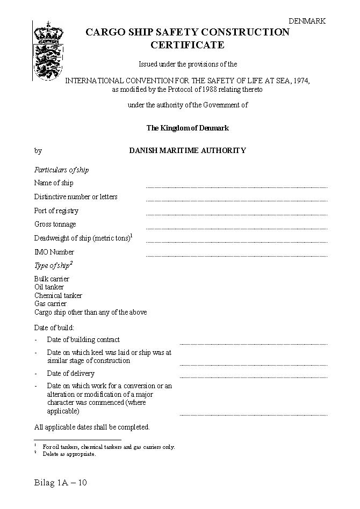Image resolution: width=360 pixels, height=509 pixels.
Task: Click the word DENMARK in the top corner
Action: (x=307, y=21)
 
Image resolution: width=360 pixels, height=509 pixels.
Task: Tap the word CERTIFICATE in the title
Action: (x=187, y=45)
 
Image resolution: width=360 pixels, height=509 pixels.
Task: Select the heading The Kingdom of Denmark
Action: (x=188, y=128)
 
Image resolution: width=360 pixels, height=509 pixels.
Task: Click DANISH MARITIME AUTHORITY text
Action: (x=188, y=151)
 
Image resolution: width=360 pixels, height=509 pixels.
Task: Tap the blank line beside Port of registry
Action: (x=236, y=214)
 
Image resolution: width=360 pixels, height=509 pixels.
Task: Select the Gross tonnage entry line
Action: (x=236, y=228)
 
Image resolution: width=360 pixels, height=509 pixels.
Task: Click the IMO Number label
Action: (x=54, y=252)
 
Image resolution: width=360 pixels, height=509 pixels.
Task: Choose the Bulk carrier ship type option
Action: (x=52, y=279)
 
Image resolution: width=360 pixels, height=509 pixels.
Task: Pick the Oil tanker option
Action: (x=49, y=287)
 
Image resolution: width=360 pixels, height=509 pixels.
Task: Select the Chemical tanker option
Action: (x=58, y=295)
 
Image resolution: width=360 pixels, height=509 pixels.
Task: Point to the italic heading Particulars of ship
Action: (x=62, y=170)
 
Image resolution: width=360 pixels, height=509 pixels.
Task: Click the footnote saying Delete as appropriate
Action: (x=69, y=454)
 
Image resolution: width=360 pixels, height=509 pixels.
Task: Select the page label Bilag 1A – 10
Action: (x=60, y=482)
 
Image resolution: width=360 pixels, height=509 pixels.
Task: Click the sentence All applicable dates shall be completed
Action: (x=92, y=427)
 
